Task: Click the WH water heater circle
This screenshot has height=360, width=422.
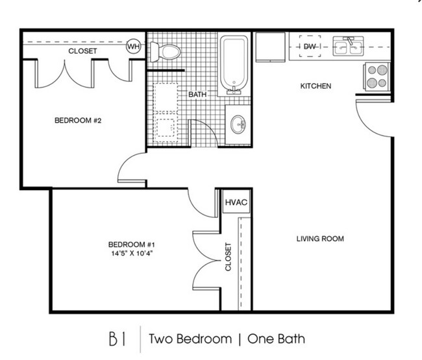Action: coord(134,46)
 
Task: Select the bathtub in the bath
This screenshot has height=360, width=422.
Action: coord(233,64)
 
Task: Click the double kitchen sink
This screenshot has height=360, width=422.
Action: coord(349,45)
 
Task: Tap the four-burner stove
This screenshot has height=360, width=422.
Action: coord(377,75)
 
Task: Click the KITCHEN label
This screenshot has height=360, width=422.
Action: coord(316,86)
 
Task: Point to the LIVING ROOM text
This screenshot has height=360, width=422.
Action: coord(320,239)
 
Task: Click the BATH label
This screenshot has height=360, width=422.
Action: coord(197,95)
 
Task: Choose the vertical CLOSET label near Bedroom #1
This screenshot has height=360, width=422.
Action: coord(228,258)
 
